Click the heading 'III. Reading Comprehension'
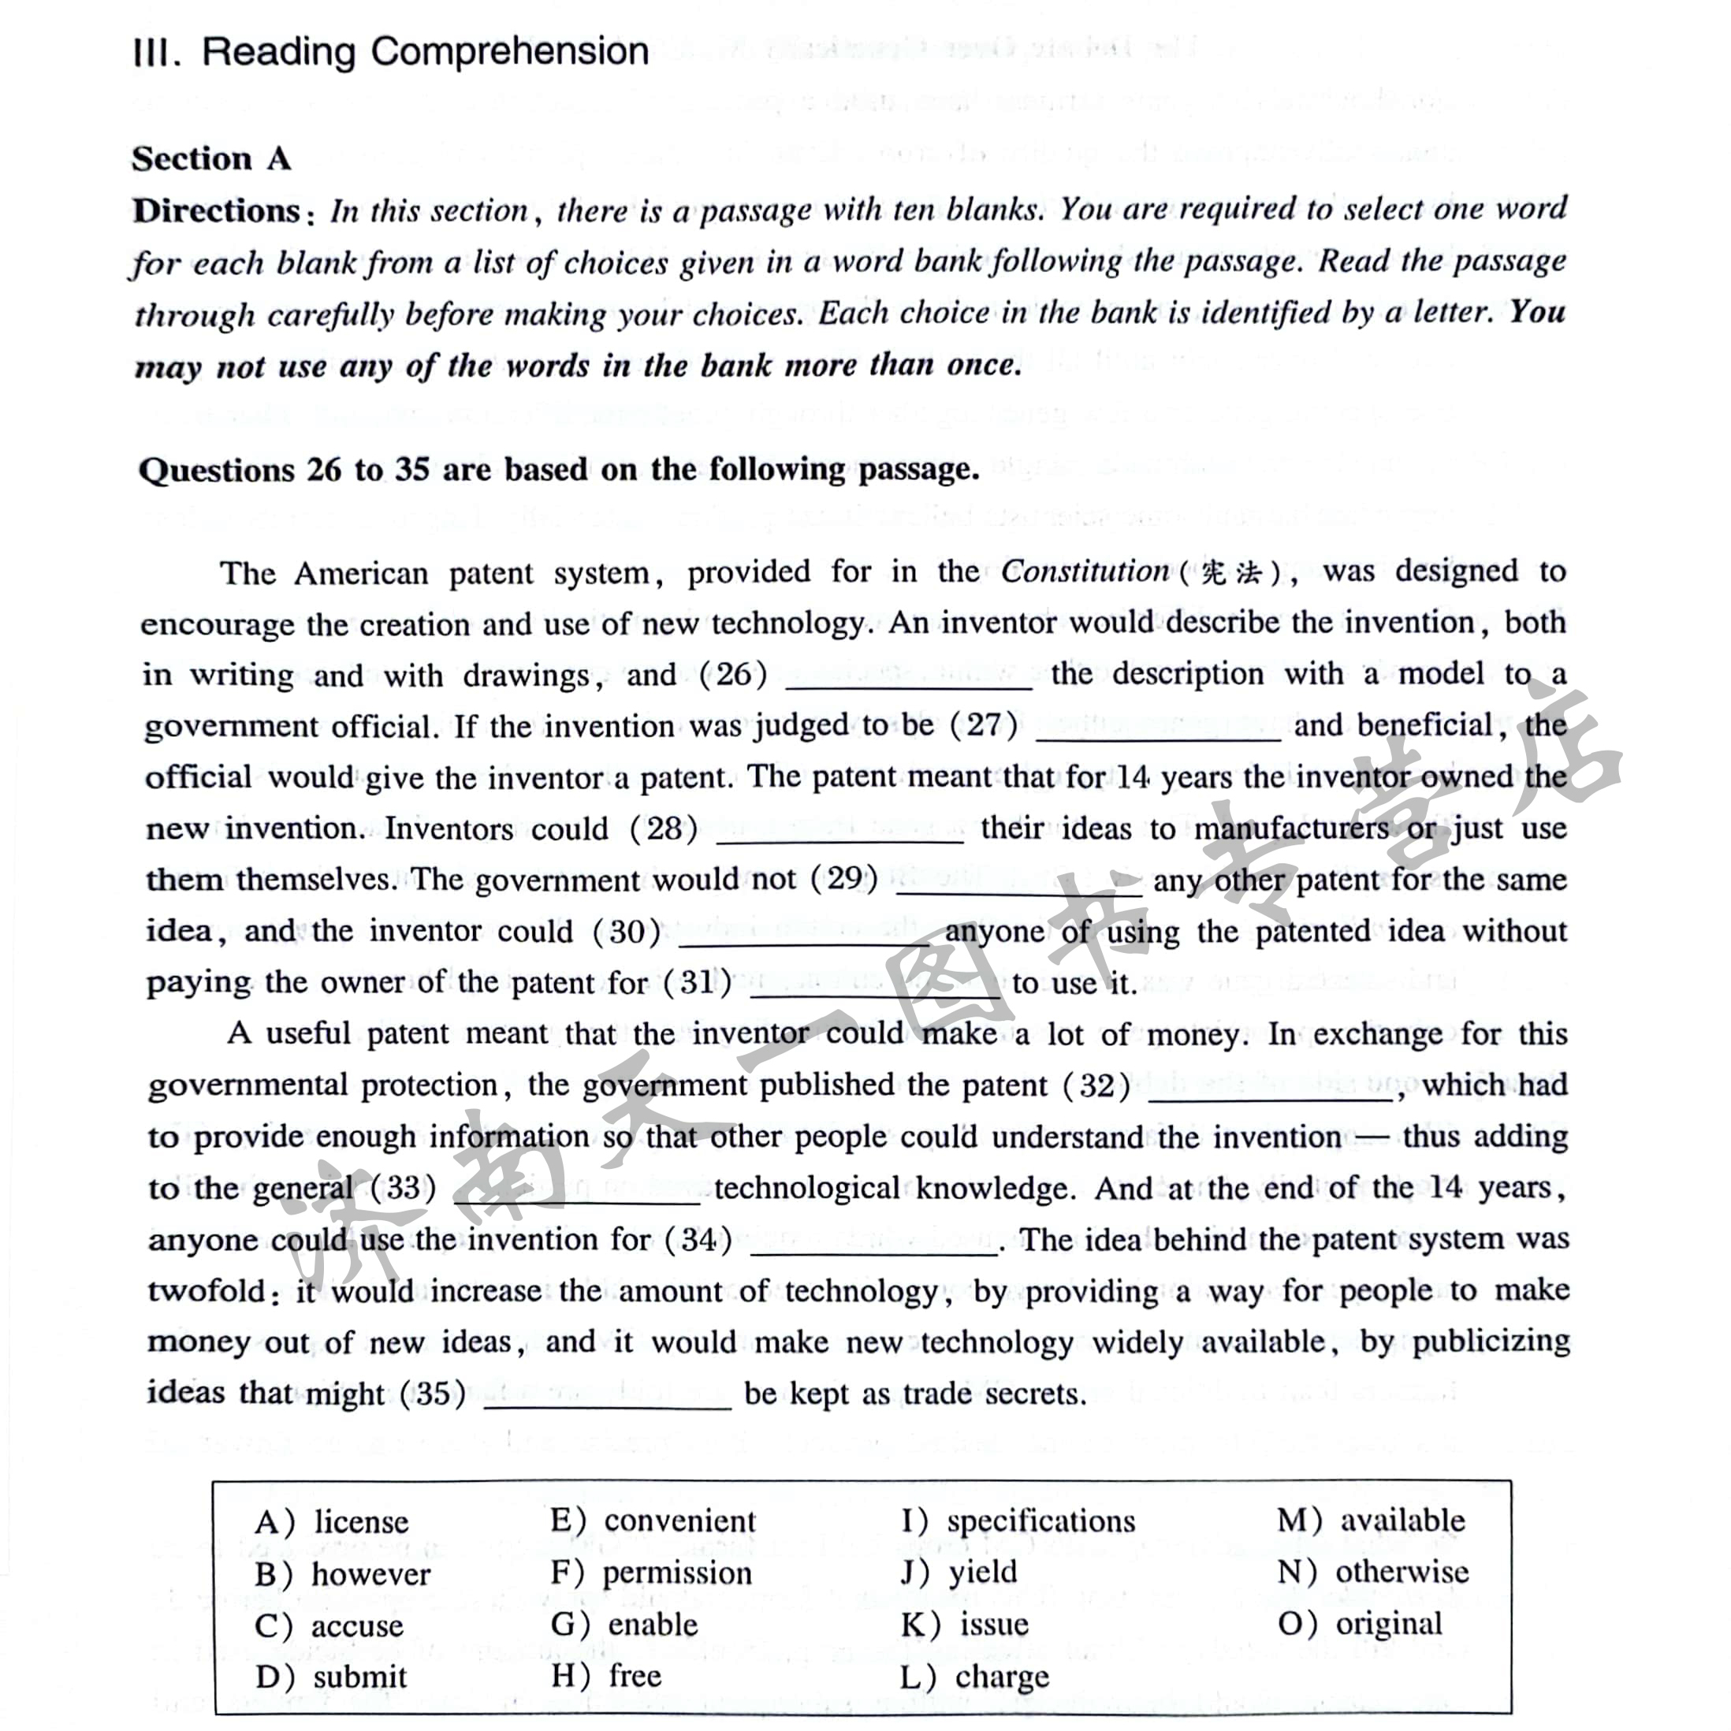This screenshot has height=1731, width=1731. (x=391, y=52)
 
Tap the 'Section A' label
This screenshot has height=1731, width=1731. (x=211, y=158)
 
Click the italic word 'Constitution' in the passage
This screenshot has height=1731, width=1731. (x=1084, y=571)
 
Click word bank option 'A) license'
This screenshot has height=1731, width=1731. (x=332, y=1521)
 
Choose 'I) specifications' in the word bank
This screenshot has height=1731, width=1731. (x=1018, y=1521)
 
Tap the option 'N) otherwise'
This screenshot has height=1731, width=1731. (x=1372, y=1572)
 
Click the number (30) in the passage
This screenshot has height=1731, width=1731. (x=627, y=932)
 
